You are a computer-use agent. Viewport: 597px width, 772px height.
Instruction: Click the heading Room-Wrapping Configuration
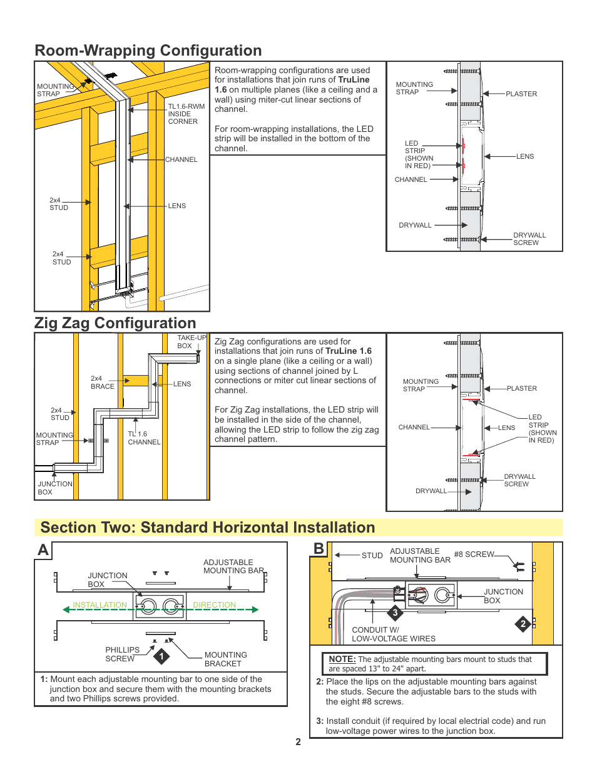click(148, 51)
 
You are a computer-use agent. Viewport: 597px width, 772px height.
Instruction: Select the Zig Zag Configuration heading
click(115, 323)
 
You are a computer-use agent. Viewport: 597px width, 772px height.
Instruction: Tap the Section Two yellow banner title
click(208, 528)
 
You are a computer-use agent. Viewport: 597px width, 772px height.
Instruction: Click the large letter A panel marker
click(43, 550)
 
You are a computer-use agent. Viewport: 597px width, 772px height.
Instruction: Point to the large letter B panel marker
click(319, 549)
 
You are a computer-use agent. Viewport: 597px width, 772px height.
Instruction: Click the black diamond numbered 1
click(161, 656)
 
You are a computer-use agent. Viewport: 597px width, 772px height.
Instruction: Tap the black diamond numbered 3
click(395, 613)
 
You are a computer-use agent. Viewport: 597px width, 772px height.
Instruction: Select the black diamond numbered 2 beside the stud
click(523, 623)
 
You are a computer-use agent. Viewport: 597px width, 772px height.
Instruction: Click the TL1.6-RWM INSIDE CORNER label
click(186, 114)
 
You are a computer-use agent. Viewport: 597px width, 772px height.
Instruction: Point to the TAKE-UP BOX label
click(191, 342)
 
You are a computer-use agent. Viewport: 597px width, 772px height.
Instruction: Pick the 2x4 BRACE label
click(103, 383)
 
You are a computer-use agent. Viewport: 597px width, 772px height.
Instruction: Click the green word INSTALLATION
click(99, 605)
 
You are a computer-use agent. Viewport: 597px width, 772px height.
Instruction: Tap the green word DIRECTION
click(215, 605)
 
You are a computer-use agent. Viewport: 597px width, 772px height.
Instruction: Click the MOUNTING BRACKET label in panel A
click(225, 659)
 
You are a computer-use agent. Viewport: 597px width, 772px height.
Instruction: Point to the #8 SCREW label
click(474, 554)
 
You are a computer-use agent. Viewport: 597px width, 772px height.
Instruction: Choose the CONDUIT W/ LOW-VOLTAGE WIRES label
click(393, 634)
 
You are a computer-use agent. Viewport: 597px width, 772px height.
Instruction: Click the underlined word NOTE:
click(342, 659)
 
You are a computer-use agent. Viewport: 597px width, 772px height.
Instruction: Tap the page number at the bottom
click(298, 742)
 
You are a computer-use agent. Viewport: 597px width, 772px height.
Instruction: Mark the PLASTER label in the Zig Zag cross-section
click(522, 389)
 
